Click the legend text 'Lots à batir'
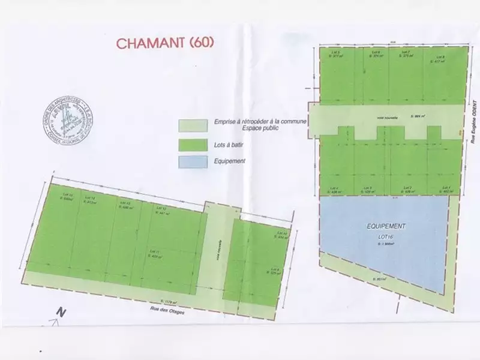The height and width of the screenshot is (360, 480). (x=231, y=144)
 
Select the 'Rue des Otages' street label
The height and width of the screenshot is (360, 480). (x=168, y=310)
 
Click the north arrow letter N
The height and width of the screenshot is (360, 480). (x=59, y=312)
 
